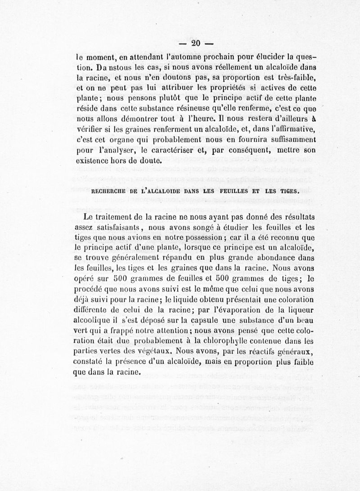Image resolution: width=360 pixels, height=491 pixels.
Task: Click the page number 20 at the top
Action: point(195,44)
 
